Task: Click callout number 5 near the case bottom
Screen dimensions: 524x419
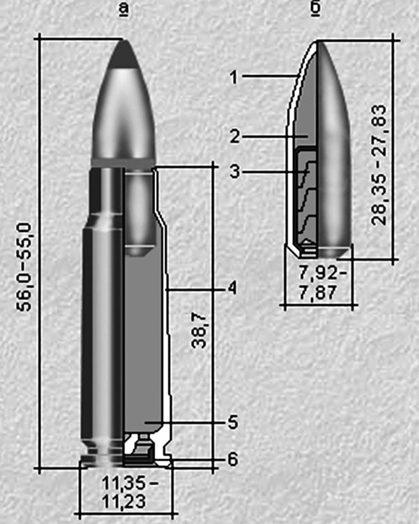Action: coord(232,422)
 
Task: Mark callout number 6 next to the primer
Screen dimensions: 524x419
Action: coord(232,458)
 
